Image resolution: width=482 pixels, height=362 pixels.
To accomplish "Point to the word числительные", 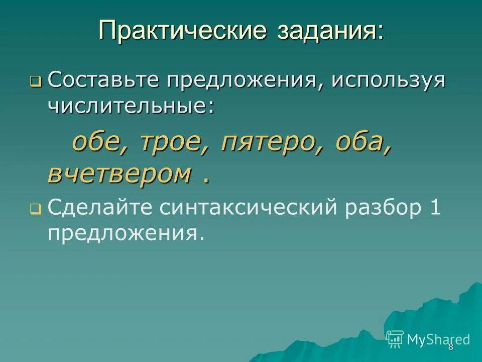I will point(130,106).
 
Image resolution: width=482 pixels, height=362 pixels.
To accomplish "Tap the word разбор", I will point(381,207).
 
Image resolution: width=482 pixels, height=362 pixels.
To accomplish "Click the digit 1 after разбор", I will point(435,207).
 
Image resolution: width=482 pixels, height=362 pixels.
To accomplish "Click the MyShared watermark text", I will point(438,339).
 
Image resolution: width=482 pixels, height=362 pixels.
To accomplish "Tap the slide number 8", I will point(450,347).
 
